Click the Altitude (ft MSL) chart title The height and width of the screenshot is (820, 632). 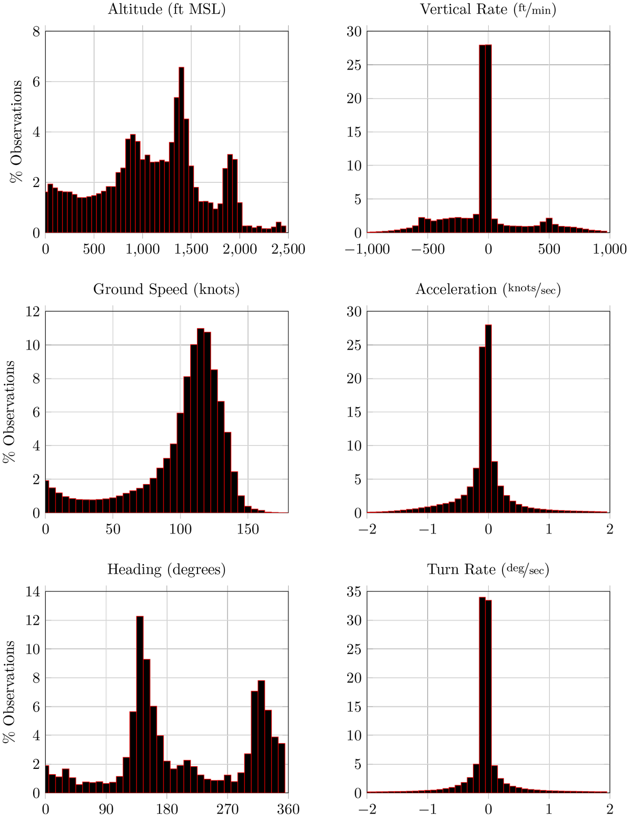pos(166,9)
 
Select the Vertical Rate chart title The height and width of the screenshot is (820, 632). pos(488,9)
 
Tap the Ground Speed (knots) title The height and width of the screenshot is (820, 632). pos(166,289)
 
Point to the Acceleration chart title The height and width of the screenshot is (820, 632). pos(488,289)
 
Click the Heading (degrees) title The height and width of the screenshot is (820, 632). pos(166,569)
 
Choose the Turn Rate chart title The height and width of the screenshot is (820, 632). pos(488,569)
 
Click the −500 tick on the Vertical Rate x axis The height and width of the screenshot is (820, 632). pos(428,249)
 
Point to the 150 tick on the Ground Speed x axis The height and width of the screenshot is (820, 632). pos(248,529)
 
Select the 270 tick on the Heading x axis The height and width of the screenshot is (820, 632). pos(228,808)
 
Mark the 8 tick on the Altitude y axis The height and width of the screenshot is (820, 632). pos(36,32)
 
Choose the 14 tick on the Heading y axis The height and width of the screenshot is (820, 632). pos(33,592)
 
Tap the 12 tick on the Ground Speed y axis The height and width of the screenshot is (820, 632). pos(33,312)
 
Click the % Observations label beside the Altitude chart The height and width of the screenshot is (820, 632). pos(16,132)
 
